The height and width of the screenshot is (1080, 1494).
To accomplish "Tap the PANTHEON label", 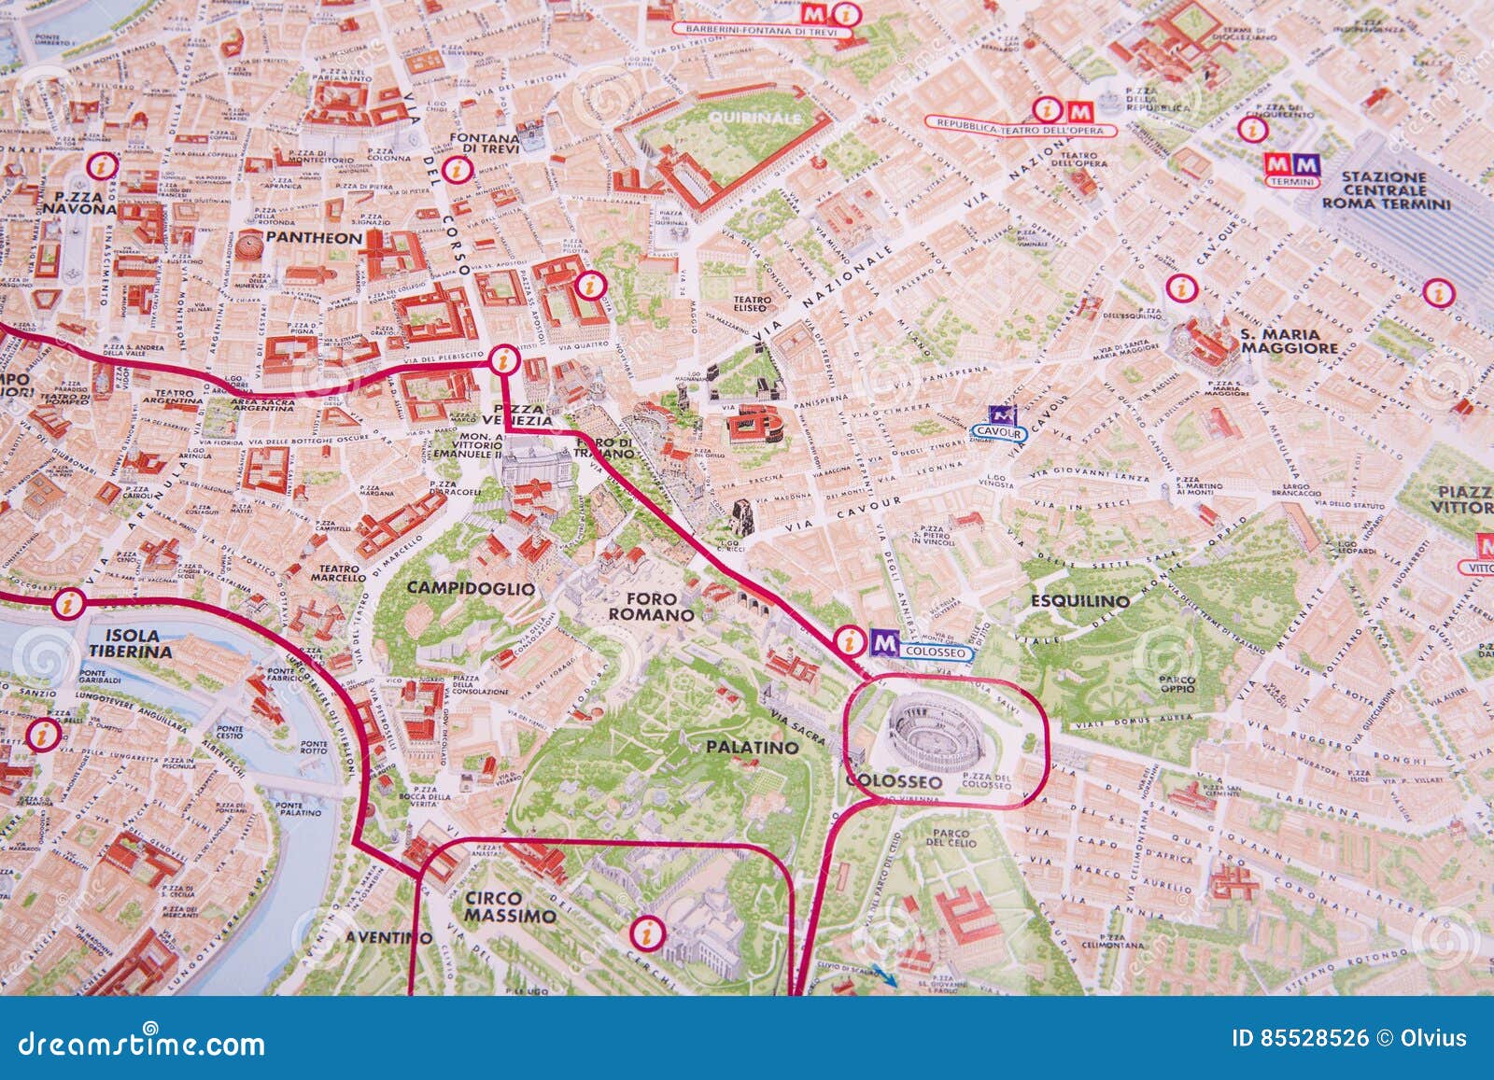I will (313, 238).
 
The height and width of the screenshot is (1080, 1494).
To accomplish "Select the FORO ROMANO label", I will (651, 607).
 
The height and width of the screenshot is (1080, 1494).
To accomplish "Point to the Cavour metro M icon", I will (1002, 414).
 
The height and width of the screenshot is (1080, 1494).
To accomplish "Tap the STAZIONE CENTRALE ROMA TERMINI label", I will (1386, 190).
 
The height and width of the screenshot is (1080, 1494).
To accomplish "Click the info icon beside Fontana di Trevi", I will (456, 170).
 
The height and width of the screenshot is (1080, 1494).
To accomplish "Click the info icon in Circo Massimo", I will (644, 931).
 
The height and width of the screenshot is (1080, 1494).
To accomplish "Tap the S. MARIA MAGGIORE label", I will (1290, 341).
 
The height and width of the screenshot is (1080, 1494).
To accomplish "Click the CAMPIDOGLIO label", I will (471, 588).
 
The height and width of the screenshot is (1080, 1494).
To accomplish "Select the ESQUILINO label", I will (1079, 601).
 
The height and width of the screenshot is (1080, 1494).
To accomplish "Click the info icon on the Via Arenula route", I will (66, 604).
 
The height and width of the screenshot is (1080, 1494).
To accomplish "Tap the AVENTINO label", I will (388, 937).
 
